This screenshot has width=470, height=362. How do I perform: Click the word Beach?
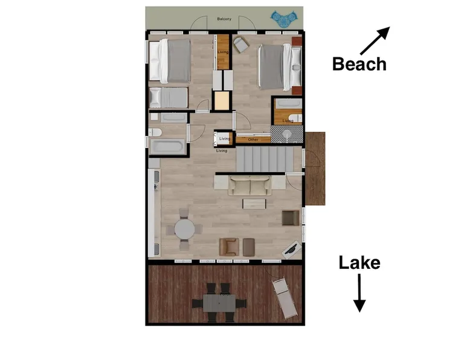click(359, 64)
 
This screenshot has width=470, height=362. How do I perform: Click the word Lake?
click(359, 263)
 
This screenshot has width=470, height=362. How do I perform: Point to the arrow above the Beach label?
click(375, 40)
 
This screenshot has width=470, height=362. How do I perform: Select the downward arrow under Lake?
click(359, 293)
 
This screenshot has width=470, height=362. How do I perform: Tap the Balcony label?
click(224, 19)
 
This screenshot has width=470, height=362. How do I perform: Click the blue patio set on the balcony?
click(285, 19)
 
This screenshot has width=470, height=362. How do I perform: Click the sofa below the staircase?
click(249, 186)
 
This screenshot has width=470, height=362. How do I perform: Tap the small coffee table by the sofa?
click(254, 204)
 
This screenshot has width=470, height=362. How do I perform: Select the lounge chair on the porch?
click(285, 299)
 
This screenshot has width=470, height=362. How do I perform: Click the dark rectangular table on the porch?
click(219, 303)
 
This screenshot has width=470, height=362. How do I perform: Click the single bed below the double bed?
click(169, 97)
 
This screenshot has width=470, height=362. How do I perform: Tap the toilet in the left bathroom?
click(155, 132)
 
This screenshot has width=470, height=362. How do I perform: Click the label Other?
click(253, 140)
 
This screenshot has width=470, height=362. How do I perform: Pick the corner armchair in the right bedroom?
click(241, 45)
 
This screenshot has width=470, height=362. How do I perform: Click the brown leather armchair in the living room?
click(229, 247)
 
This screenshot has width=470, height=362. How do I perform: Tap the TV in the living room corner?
click(291, 250)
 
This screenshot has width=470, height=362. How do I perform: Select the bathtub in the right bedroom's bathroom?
click(288, 104)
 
